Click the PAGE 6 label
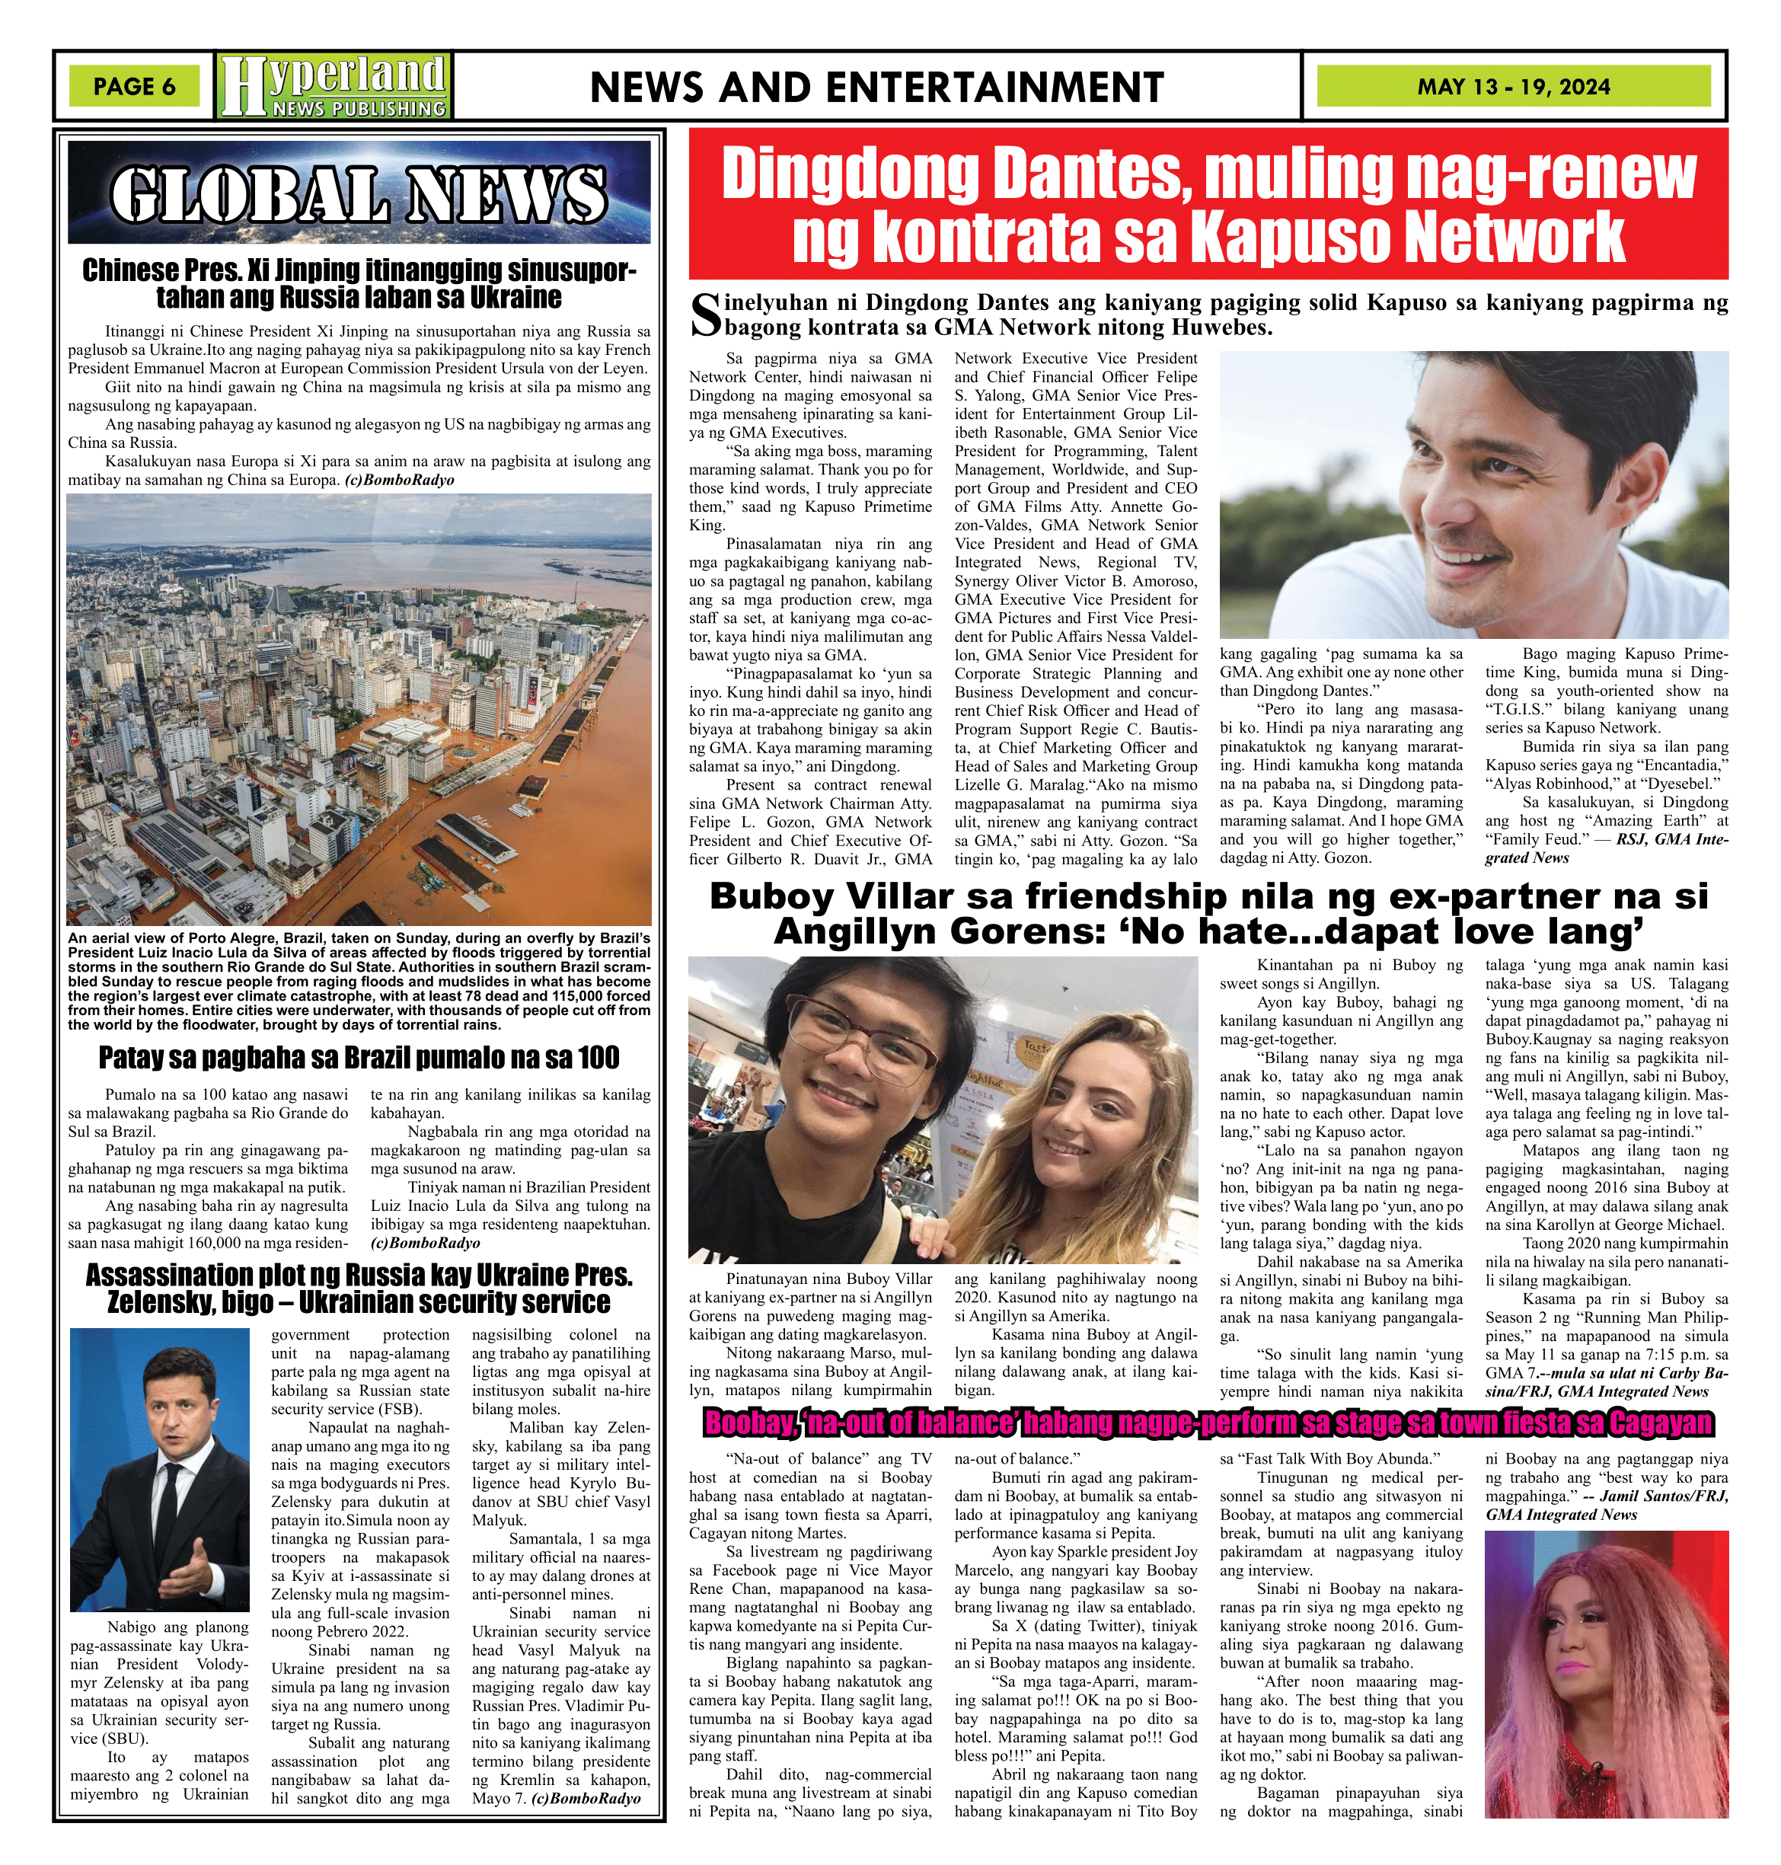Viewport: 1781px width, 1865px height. [134, 86]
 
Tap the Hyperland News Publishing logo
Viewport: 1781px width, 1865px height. [334, 85]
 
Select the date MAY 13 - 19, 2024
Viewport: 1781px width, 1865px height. [1512, 86]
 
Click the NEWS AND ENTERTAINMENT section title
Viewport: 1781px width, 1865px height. [876, 88]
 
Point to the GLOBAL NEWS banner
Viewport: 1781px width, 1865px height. [359, 193]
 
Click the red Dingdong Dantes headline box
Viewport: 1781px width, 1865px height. [1208, 204]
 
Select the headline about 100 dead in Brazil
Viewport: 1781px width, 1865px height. [359, 1057]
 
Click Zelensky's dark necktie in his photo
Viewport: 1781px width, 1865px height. [168, 1519]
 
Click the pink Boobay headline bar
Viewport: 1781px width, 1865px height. [1208, 1423]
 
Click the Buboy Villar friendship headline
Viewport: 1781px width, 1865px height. [1208, 912]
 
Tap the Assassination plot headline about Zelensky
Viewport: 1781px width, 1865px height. [359, 1288]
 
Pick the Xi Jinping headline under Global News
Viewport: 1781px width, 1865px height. [359, 283]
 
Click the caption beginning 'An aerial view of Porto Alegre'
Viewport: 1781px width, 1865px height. [359, 981]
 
